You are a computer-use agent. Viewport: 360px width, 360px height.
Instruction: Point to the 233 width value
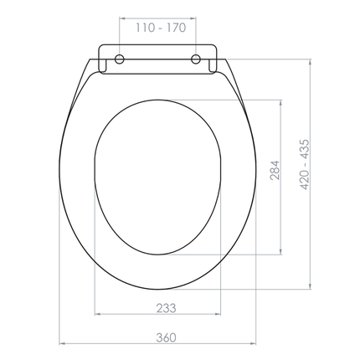pyautogui.click(x=165, y=307)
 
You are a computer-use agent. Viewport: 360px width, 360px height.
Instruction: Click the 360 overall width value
pyautogui.click(x=165, y=337)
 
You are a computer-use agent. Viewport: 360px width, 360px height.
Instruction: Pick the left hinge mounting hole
pyautogui.click(x=120, y=59)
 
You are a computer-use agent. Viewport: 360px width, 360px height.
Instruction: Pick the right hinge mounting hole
pyautogui.click(x=197, y=59)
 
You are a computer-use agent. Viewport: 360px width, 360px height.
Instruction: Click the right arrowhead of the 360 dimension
pyautogui.click(x=256, y=346)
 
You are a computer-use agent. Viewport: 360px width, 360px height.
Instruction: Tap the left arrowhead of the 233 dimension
pyautogui.click(x=98, y=316)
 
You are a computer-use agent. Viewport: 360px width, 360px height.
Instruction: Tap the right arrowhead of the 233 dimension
pyautogui.click(x=220, y=316)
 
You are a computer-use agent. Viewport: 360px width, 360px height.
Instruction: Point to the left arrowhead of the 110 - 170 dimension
pyautogui.click(x=122, y=38)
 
